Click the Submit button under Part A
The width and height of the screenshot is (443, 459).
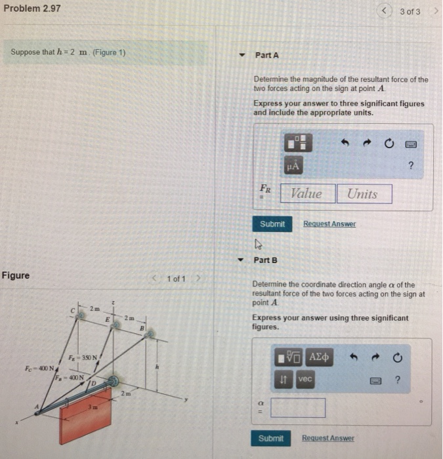272,224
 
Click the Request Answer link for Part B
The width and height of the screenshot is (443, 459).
327,438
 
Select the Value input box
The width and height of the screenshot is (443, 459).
306,193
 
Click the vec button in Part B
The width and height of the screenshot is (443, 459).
305,379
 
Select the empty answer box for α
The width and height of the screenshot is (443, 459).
297,408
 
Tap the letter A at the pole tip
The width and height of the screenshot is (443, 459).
37,407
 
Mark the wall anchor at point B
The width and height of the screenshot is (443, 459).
150,333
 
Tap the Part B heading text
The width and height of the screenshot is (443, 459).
266,260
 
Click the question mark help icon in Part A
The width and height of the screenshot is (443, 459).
411,166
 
